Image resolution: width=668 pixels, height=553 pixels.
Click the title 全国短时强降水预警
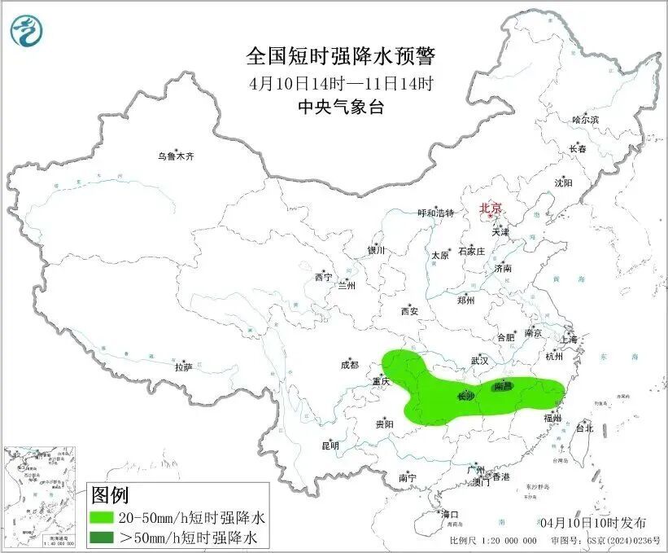tap(341, 56)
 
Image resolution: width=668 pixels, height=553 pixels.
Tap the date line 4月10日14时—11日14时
tap(341, 83)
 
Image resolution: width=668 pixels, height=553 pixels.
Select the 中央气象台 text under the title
tap(341, 108)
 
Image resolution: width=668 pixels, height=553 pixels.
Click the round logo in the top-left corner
tap(27, 31)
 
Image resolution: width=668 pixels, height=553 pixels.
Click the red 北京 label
tap(491, 208)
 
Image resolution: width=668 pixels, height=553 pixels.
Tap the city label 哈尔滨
tap(584, 120)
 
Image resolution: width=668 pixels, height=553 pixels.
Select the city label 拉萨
tap(182, 367)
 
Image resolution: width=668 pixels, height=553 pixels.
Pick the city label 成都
tap(350, 366)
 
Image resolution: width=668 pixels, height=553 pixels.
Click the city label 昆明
tap(329, 445)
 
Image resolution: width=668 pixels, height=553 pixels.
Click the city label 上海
tap(568, 339)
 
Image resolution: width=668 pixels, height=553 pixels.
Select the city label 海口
tap(450, 514)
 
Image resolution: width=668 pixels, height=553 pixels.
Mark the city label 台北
tap(584, 428)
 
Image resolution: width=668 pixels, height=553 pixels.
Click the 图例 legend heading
tap(110, 495)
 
